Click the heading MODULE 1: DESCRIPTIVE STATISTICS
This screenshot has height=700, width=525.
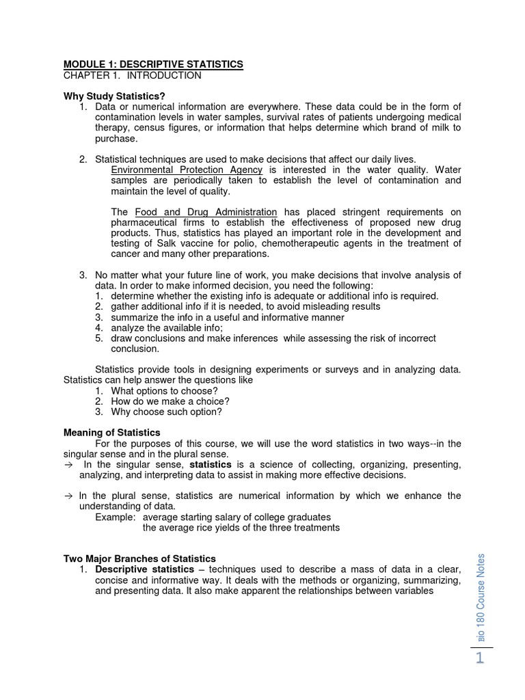pos(152,64)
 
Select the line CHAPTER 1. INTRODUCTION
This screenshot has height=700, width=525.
pos(132,75)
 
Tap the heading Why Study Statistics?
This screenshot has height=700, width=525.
pos(114,96)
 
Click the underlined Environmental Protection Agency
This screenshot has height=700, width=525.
pos(187,170)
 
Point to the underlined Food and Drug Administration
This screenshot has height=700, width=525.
pos(206,212)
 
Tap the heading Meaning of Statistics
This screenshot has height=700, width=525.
pos(111,433)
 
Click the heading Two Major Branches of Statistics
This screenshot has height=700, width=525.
pos(139,558)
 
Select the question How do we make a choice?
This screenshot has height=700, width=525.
pos(170,401)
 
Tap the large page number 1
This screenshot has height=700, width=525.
pos(479,658)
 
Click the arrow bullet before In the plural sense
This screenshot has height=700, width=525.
pos(68,496)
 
